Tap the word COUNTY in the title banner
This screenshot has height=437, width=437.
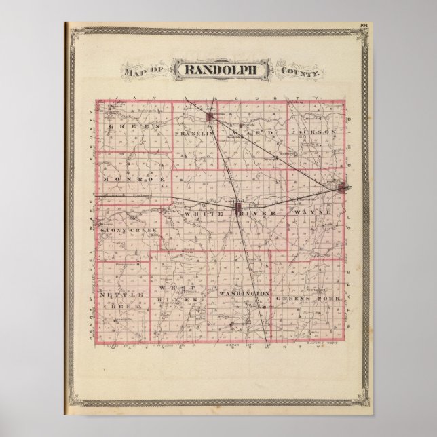(x=297, y=71)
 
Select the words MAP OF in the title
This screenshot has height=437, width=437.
(x=142, y=71)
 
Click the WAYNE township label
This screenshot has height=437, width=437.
(x=313, y=212)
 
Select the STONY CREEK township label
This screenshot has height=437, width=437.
(x=128, y=231)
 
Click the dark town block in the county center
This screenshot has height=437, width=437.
(x=238, y=207)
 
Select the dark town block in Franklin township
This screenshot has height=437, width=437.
(x=211, y=119)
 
